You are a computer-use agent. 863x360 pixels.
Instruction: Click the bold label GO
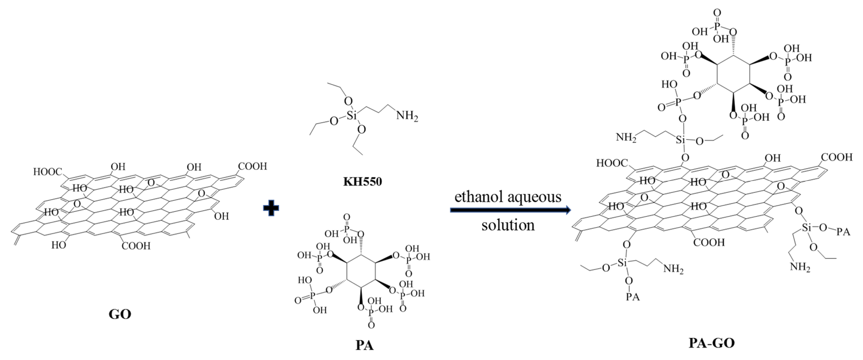coord(120,314)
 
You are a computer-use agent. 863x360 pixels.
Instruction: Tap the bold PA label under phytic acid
coord(364,345)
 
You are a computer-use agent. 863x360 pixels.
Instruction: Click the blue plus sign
coord(271,208)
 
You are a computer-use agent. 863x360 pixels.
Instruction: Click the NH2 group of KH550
coord(407,116)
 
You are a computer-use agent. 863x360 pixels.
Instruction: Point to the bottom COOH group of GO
coord(136,246)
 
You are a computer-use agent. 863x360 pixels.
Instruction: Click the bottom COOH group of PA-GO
coord(709,242)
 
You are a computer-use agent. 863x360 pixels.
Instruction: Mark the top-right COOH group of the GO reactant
coord(252,166)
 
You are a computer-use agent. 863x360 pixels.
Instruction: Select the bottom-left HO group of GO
coord(59,245)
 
